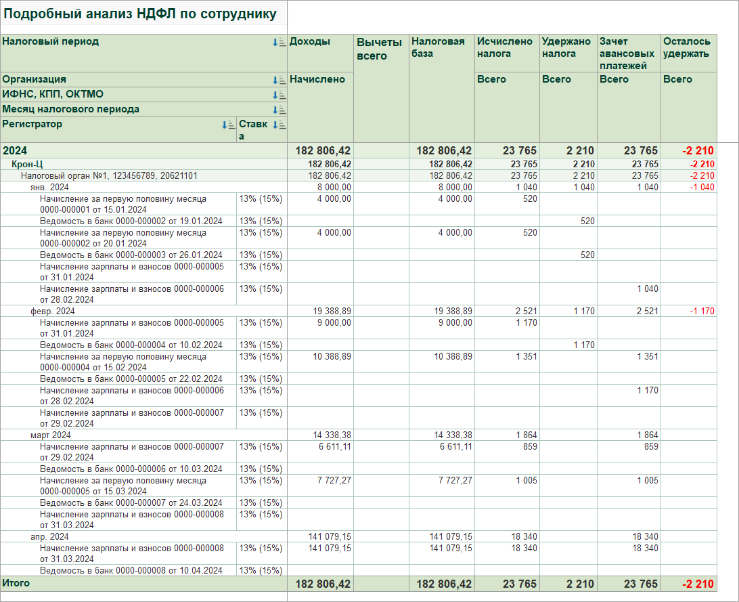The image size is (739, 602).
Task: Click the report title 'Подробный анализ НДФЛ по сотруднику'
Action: tap(139, 14)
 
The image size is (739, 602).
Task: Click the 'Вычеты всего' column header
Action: tap(379, 49)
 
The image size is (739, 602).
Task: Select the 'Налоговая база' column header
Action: tap(438, 47)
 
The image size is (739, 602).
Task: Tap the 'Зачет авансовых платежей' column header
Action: tap(627, 53)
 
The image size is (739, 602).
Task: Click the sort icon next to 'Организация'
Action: tap(279, 80)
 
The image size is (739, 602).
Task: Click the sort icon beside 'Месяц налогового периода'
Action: tap(279, 110)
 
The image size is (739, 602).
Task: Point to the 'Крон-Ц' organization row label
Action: tap(27, 164)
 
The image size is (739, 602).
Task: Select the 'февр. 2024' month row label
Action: tap(52, 311)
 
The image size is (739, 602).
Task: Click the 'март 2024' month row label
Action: tap(51, 435)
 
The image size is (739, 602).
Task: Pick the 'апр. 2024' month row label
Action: tap(49, 536)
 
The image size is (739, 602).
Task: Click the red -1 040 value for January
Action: tap(702, 187)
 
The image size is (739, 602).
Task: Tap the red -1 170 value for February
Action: tap(702, 311)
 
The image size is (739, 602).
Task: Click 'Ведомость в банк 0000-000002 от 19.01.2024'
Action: tap(131, 221)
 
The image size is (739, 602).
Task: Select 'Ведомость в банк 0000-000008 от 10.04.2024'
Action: tap(131, 570)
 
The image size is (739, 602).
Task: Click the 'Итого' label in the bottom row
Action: tap(16, 583)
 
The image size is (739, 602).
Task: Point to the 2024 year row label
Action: tap(15, 151)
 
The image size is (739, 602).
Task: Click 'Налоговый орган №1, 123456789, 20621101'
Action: tap(109, 176)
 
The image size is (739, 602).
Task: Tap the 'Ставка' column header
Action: tap(253, 129)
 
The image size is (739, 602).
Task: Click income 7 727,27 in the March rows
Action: tap(334, 480)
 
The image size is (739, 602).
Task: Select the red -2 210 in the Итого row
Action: tap(698, 584)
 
